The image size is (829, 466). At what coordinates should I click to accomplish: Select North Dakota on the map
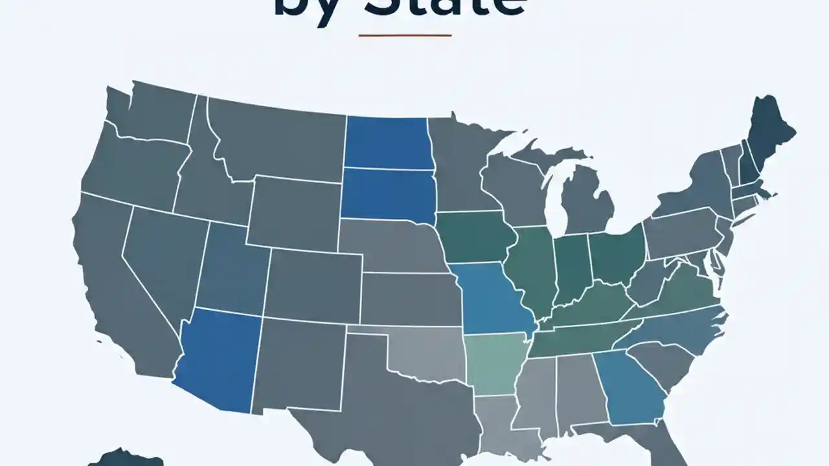(x=387, y=142)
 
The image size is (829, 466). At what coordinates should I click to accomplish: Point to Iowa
(x=476, y=236)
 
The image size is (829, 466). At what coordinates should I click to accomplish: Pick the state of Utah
(x=233, y=269)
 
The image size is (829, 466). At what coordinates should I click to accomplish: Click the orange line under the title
(x=405, y=35)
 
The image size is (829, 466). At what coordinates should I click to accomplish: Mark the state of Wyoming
(x=295, y=210)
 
